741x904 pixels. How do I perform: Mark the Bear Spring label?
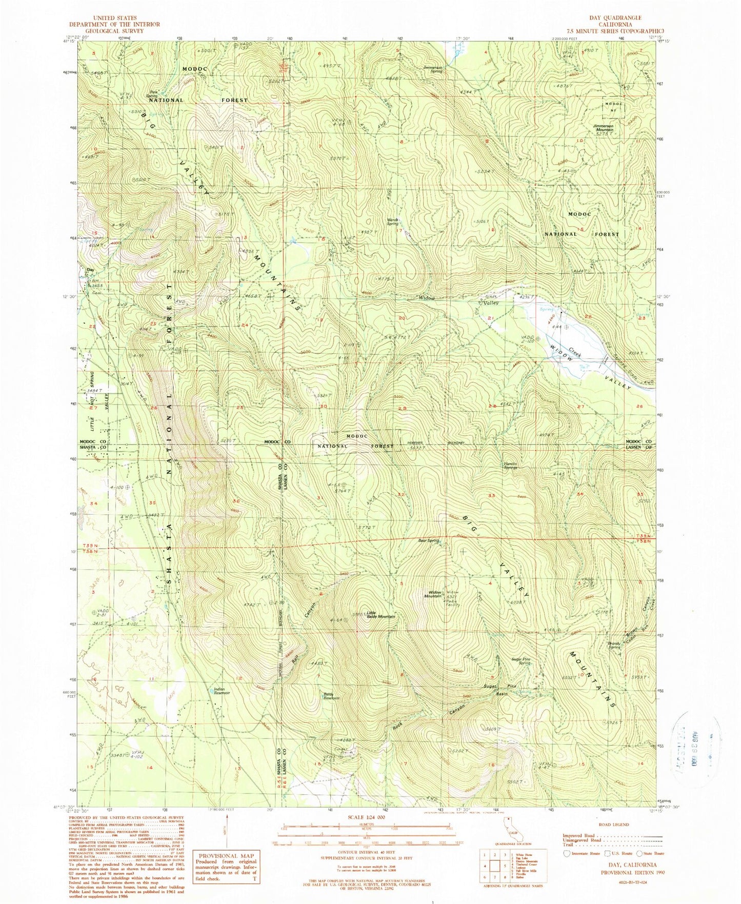[428, 540]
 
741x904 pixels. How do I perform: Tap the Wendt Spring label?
[392, 222]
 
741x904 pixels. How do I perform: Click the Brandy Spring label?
[614, 646]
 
